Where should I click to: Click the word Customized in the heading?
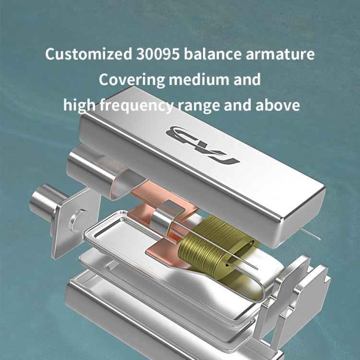(x=88, y=54)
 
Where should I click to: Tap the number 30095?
(x=158, y=54)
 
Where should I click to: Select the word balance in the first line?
(x=213, y=54)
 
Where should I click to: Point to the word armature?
(x=280, y=54)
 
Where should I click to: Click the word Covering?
(x=132, y=80)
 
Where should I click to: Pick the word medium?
(x=199, y=79)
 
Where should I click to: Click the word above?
(x=277, y=105)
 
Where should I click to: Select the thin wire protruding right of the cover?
(x=311, y=234)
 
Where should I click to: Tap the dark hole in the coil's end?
(x=228, y=264)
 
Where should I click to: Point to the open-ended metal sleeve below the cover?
(x=103, y=171)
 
